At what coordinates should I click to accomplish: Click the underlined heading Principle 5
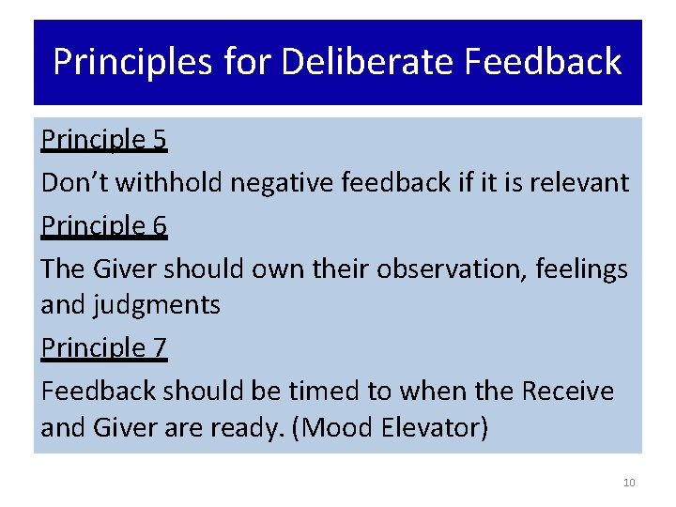[103, 140]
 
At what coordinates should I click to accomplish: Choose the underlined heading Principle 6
[103, 226]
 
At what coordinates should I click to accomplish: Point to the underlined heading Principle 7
[103, 348]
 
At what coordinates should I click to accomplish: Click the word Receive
[568, 391]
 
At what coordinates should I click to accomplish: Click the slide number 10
[629, 483]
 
